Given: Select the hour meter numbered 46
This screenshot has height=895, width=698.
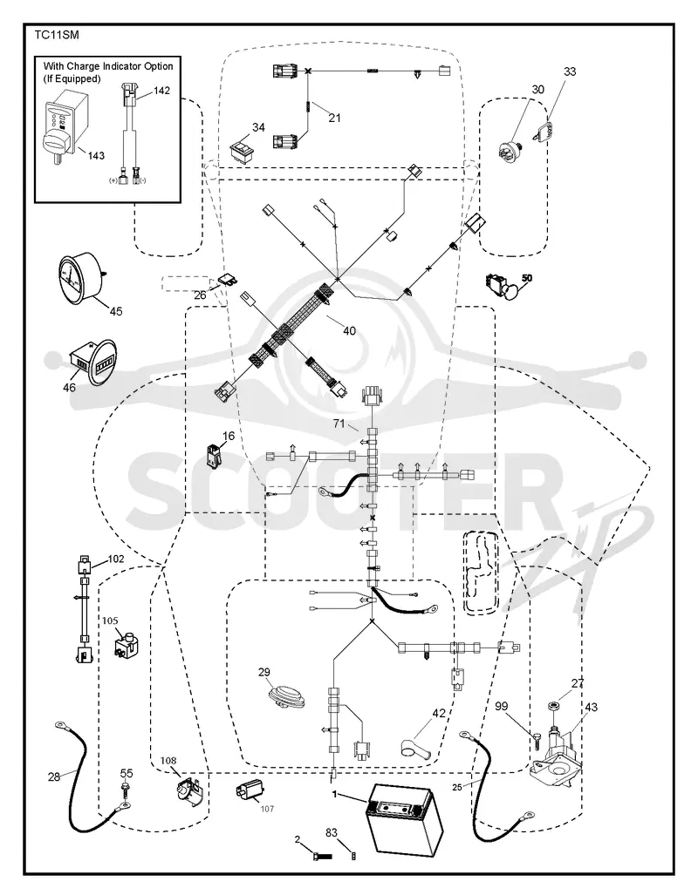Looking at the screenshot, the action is [93, 363].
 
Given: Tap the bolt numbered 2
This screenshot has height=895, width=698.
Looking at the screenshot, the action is [321, 856].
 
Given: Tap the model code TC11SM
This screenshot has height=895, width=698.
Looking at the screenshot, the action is [57, 36].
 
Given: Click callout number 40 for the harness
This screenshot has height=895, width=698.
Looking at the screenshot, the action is [349, 330].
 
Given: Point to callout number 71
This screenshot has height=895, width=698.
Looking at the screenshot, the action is [339, 424].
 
